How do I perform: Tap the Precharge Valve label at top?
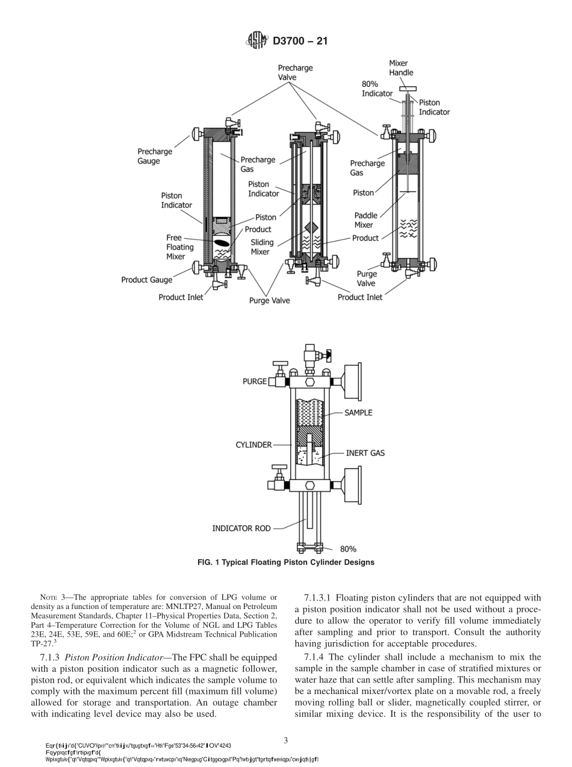(x=295, y=73)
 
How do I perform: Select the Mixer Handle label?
(x=401, y=68)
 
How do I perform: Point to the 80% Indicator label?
(x=377, y=89)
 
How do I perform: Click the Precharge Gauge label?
(x=155, y=156)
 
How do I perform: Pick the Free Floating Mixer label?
(x=179, y=247)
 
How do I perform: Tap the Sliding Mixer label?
(x=262, y=247)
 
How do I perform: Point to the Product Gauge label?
(x=146, y=280)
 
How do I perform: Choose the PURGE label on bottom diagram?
(x=255, y=382)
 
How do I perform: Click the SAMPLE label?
(x=358, y=413)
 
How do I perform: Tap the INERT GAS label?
(x=365, y=453)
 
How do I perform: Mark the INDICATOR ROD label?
(x=241, y=528)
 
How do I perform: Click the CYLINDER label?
(x=253, y=445)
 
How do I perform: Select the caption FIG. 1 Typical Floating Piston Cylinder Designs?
(x=286, y=562)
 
